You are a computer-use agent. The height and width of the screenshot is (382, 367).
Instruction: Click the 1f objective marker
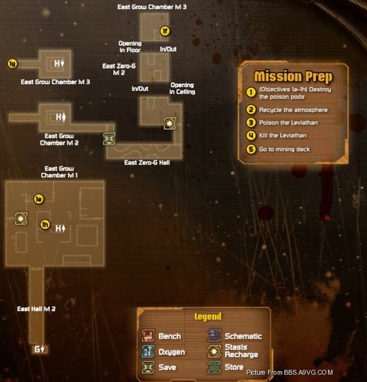pos(165,31)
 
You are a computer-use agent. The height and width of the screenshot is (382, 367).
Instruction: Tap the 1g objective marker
pos(12,64)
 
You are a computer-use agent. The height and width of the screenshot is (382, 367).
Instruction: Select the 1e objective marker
pos(39,199)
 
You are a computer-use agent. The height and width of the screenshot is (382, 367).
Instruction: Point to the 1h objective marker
pos(45,224)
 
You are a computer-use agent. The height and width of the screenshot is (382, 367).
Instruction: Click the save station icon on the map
pos(109,139)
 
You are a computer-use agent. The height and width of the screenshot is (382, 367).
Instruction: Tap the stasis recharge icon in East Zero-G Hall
pos(169,123)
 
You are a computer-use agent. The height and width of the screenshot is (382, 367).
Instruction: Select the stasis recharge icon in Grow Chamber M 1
pos(21,219)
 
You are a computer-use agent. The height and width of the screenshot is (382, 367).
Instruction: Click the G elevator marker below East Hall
pos(40,349)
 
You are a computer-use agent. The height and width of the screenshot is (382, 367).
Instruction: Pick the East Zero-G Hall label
pos(147,163)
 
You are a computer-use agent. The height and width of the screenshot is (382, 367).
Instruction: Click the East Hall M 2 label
pos(36,309)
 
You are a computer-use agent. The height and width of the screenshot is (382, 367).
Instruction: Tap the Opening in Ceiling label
pos(182,89)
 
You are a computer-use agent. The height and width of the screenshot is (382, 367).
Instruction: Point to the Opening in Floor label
pos(130,46)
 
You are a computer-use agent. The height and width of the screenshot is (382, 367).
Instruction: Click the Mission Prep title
pos(293,76)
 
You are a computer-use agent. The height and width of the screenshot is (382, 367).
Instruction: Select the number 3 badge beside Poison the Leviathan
pos(251,122)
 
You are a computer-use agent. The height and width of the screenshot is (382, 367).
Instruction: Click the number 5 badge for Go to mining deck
pos(251,149)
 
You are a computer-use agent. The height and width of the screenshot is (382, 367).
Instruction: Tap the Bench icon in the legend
pos(148,336)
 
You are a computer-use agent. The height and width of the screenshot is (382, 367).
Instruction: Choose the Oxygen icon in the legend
pos(148,351)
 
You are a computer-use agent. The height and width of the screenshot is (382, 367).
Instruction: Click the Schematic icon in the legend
pos(215,336)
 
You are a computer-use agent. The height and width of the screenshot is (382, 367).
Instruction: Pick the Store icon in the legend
pos(215,367)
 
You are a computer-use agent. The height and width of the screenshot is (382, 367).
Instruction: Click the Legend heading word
pos(208,317)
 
